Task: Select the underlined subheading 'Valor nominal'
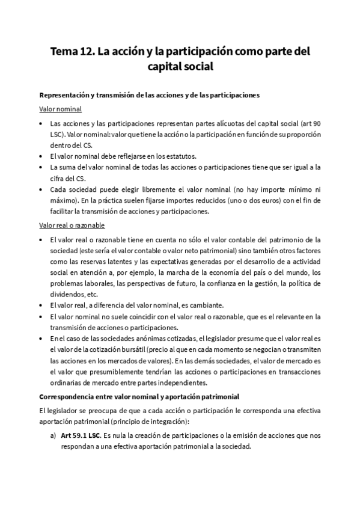60,109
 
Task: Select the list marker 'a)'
53,436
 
